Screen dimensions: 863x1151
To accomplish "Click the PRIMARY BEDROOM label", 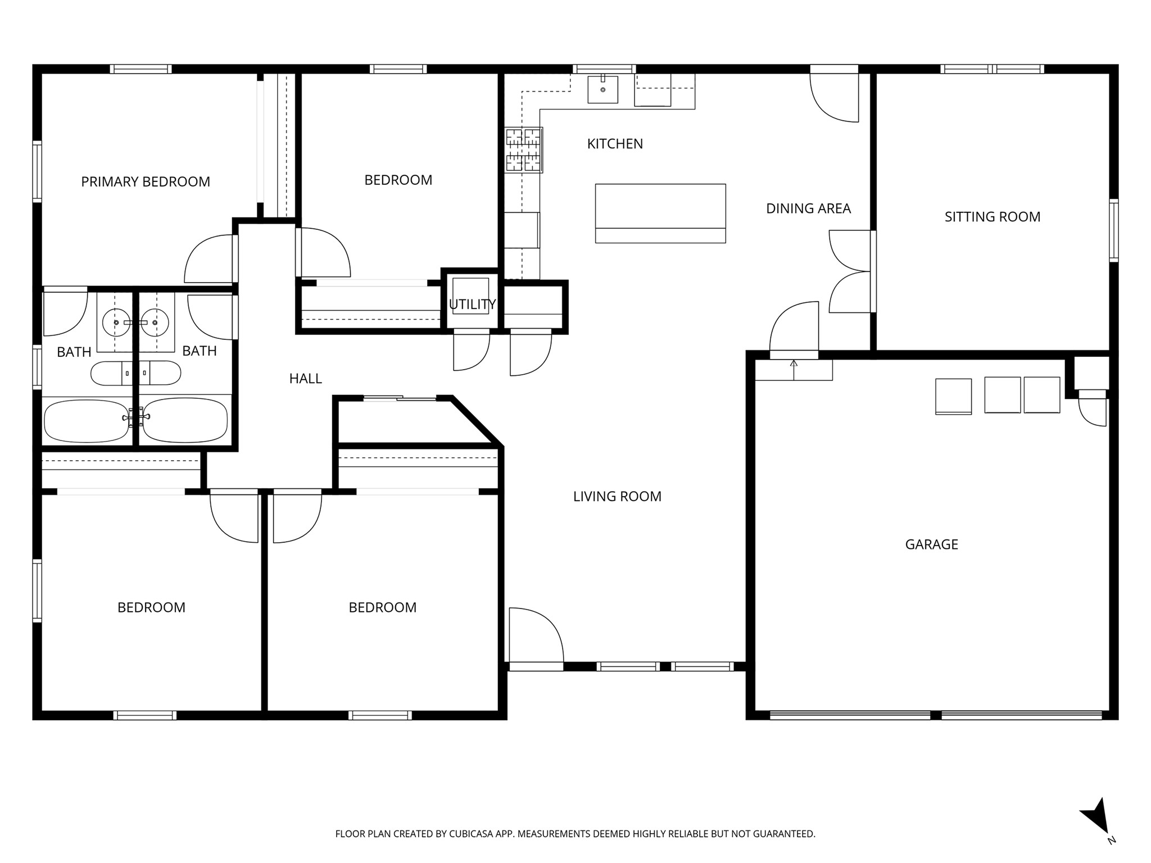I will point(146,181).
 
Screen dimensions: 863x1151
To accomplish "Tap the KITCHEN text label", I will point(615,144).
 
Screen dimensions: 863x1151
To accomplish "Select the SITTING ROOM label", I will point(992,217).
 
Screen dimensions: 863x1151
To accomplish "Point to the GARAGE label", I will point(931,544).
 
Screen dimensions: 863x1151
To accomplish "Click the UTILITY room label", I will point(472,305).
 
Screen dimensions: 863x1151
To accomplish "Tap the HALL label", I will point(305,379).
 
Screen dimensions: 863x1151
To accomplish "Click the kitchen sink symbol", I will point(602,89).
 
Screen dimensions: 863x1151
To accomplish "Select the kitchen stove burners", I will point(524,149).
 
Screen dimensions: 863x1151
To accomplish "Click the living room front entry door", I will point(535,638).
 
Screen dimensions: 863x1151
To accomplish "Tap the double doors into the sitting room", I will point(850,271).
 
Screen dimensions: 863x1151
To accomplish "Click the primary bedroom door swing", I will point(209,260).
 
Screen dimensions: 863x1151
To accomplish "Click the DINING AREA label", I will point(808,208).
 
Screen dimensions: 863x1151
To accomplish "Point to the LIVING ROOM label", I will point(617,496).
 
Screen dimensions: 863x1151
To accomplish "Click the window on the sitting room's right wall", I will point(1113,230).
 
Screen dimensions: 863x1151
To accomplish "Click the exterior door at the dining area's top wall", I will point(835,96).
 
